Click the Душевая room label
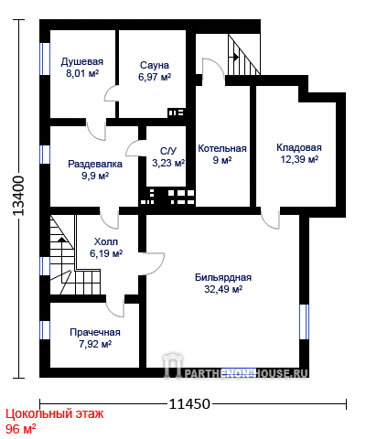82,61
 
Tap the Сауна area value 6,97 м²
155,77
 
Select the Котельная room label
222,148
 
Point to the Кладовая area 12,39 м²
299,159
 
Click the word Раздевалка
95,164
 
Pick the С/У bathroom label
168,151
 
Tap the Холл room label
106,241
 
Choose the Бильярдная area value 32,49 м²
223,289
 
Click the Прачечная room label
95,332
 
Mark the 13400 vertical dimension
18,196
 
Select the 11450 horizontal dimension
189,404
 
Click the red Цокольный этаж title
55,414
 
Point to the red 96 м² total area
21,429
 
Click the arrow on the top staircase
235,57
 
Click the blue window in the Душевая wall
45,59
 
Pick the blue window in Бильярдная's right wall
304,322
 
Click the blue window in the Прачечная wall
45,330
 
